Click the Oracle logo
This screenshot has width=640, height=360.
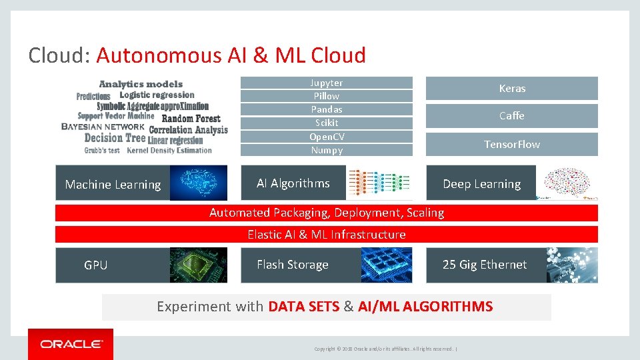(x=71, y=344)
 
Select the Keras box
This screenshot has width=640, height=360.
(x=512, y=88)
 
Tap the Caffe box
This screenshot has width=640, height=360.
(x=512, y=116)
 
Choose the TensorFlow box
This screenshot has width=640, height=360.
(x=512, y=144)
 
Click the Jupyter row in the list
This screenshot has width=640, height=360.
(x=327, y=83)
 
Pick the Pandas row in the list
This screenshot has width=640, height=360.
(x=327, y=109)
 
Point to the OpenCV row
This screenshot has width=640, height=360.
(x=327, y=137)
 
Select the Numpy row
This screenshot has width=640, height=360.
(x=327, y=150)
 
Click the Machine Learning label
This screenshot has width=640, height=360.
(x=113, y=185)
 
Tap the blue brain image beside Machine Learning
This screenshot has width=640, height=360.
(x=199, y=183)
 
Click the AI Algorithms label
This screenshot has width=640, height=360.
(x=293, y=183)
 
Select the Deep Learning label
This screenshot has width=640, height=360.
(x=481, y=184)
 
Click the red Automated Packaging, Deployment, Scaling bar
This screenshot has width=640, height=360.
(x=327, y=213)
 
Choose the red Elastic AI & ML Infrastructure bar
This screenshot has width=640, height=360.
(x=327, y=235)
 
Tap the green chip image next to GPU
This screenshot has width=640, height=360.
(x=199, y=265)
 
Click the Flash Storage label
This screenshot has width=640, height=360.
(x=293, y=265)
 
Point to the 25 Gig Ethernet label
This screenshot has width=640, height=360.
(x=485, y=265)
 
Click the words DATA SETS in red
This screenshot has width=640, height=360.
(x=303, y=307)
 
